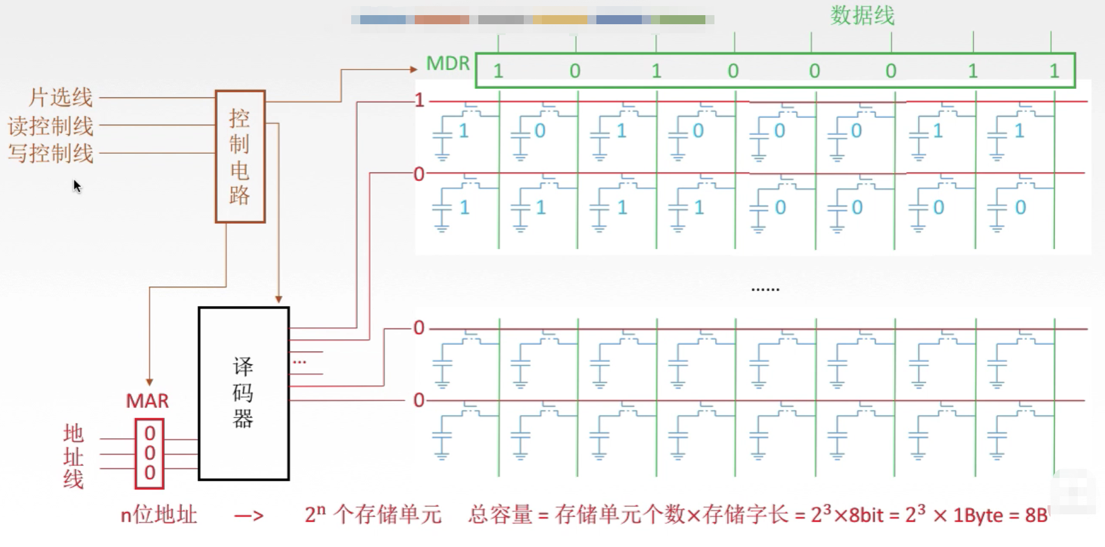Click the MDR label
(x=447, y=63)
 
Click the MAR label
(x=147, y=401)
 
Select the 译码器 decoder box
(x=243, y=393)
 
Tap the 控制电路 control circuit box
(x=240, y=157)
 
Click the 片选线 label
(x=61, y=97)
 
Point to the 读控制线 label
(x=51, y=126)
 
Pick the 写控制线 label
(x=51, y=154)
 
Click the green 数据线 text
(x=862, y=15)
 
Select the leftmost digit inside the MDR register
(x=498, y=71)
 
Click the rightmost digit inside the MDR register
(x=1054, y=71)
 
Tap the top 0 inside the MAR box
(x=150, y=433)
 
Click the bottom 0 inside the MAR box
(x=150, y=473)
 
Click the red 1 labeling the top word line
(x=419, y=100)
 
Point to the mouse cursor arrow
(x=76, y=185)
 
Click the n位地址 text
(x=159, y=515)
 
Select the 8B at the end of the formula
(x=1035, y=515)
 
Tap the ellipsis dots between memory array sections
(x=765, y=290)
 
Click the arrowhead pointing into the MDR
(x=414, y=69)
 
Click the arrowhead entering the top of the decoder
(x=279, y=300)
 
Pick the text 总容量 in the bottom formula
(x=500, y=515)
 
